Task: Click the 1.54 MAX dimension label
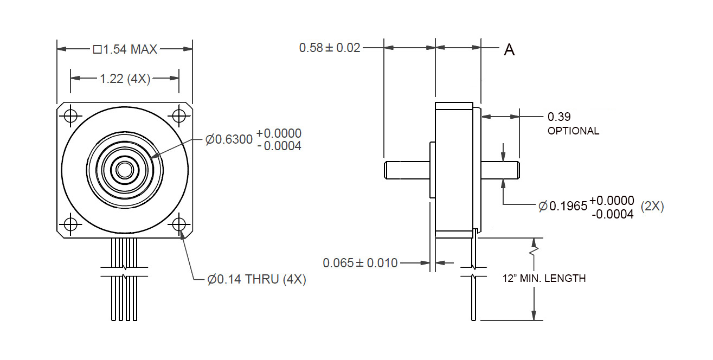(x=125, y=49)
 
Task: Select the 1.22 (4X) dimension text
(x=125, y=79)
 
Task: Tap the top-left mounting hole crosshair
(x=70, y=116)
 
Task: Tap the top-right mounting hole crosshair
(x=179, y=116)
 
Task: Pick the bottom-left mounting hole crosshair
(x=70, y=224)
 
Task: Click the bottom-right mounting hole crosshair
(x=179, y=224)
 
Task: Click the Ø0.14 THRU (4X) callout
(x=256, y=279)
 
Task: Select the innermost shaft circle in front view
(x=125, y=170)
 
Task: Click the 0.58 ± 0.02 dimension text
(x=330, y=48)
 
